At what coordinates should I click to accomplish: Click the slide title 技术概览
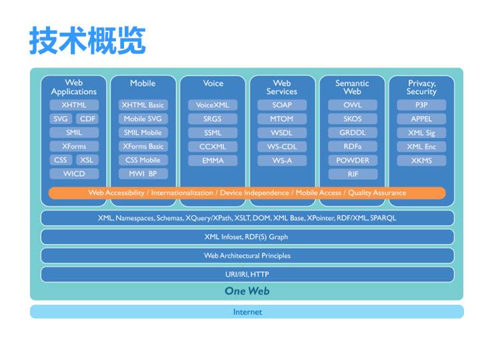coord(87,41)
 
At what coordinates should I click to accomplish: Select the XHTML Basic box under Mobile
coord(143,105)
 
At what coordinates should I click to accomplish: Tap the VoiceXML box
coord(212,105)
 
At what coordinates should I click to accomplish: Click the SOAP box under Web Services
coord(282,105)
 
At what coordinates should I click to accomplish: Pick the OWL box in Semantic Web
coord(353,105)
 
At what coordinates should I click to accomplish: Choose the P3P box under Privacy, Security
coord(421,105)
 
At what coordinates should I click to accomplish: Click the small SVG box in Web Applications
coord(60,119)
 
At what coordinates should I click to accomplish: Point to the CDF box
coord(87,119)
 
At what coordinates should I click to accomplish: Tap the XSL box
coord(87,160)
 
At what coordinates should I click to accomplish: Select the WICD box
coord(74,174)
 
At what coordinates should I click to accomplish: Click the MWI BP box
coord(143,174)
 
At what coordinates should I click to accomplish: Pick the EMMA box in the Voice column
coord(212,161)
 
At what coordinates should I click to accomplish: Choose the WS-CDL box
coord(282,147)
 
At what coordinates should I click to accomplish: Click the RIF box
coord(353,174)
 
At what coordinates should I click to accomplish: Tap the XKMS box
coord(421,161)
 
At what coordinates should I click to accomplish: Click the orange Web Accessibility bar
coord(247,193)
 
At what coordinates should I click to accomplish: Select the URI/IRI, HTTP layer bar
coord(247,274)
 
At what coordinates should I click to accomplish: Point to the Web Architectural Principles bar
coord(247,255)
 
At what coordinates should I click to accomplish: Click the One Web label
coord(247,291)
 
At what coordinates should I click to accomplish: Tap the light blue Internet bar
coord(247,311)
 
